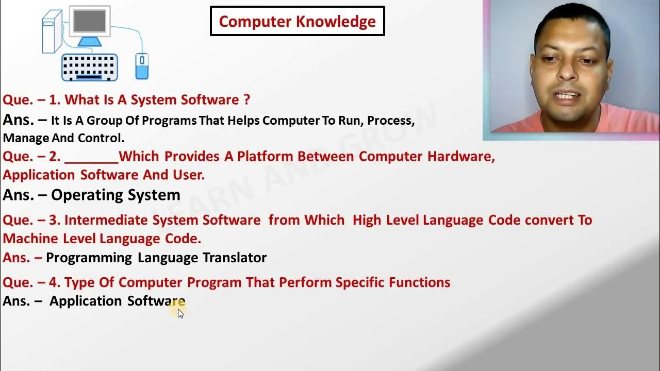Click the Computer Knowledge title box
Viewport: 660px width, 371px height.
click(298, 21)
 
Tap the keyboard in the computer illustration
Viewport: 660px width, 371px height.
click(90, 67)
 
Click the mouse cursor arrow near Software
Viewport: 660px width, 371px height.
click(180, 313)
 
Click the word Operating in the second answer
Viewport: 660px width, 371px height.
click(84, 195)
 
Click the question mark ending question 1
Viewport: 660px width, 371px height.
click(246, 99)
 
